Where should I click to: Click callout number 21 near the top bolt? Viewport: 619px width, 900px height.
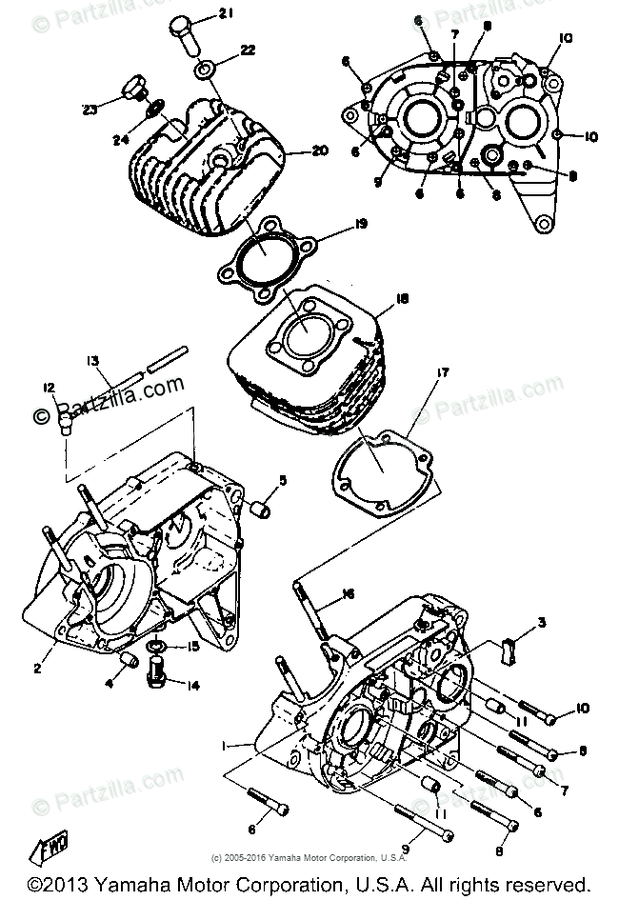pyautogui.click(x=225, y=13)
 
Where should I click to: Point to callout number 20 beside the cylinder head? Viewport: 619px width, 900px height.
pyautogui.click(x=319, y=151)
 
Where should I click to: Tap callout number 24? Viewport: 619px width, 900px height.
pyautogui.click(x=120, y=140)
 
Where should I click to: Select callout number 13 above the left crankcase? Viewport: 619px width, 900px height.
pyautogui.click(x=92, y=360)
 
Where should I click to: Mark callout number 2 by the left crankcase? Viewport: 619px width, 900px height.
pyautogui.click(x=37, y=669)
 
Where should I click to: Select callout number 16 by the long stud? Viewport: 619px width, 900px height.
pyautogui.click(x=349, y=593)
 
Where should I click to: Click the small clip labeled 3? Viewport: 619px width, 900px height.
pyautogui.click(x=508, y=650)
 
